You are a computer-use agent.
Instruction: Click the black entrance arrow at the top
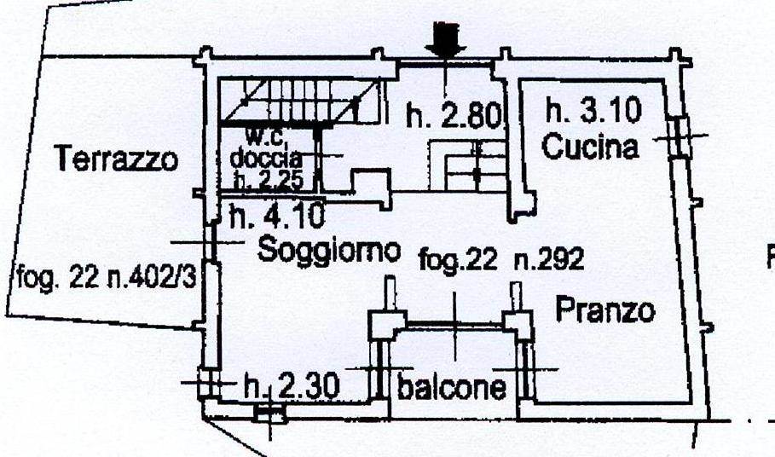coord(445,38)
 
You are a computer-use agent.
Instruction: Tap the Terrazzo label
coord(117,158)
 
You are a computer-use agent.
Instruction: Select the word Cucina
coord(590,146)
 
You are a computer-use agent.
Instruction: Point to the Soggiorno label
coord(329,250)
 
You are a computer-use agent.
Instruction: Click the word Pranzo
coord(605,309)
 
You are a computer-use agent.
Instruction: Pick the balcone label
coord(452,387)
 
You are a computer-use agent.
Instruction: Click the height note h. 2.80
coord(454,116)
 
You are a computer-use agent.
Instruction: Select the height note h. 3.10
coord(593,110)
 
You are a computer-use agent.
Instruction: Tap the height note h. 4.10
coord(277,216)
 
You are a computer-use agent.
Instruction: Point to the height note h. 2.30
coord(292,386)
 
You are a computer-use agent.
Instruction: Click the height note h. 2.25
coord(268,181)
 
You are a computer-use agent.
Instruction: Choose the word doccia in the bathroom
coord(266,158)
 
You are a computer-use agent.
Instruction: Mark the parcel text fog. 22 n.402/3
coord(107,277)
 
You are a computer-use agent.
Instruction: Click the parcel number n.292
coord(548,258)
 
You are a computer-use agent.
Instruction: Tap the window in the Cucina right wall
coord(678,137)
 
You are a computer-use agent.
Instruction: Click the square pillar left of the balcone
coord(388,325)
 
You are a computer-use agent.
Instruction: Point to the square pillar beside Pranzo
coord(518,325)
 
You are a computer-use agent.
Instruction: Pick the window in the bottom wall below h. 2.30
coord(270,413)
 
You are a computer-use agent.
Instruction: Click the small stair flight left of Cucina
coord(467,165)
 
